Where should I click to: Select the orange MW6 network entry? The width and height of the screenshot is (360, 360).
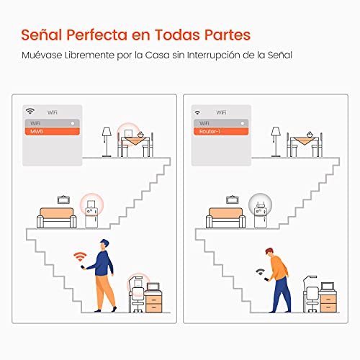coord(51,132)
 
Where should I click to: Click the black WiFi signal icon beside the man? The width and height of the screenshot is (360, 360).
coord(258,272)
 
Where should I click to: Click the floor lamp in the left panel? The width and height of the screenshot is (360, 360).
coord(106,141)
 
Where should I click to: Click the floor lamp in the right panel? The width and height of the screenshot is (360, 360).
coord(275,141)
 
